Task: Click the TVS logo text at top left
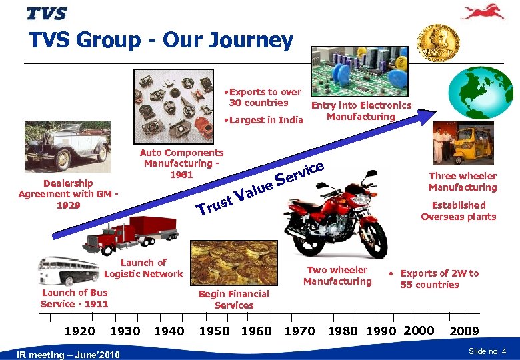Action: click(x=47, y=13)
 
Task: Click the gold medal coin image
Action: click(x=437, y=43)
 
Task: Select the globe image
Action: click(x=479, y=93)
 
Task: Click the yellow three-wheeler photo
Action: click(x=458, y=143)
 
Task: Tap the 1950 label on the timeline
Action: click(x=214, y=331)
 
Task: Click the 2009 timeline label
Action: click(x=465, y=331)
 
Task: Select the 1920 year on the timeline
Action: click(x=79, y=331)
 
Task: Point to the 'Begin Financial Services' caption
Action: click(x=234, y=299)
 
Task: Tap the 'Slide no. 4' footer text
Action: click(x=487, y=351)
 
